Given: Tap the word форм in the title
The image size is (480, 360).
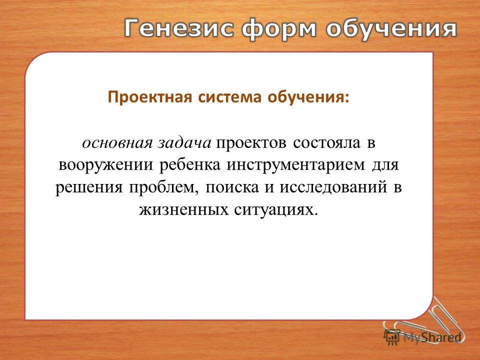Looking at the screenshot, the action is (278, 30).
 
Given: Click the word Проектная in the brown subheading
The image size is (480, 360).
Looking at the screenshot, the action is (150, 97).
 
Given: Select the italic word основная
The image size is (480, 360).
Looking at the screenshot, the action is (117, 143).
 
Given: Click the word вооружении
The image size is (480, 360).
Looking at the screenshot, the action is (105, 165).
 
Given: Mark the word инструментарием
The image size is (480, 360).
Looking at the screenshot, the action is (296, 165).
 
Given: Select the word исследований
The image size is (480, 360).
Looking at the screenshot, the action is (333, 187).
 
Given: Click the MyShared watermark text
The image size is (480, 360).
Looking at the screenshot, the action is (432, 337).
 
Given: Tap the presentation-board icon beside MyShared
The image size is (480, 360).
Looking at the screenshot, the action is (392, 337).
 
